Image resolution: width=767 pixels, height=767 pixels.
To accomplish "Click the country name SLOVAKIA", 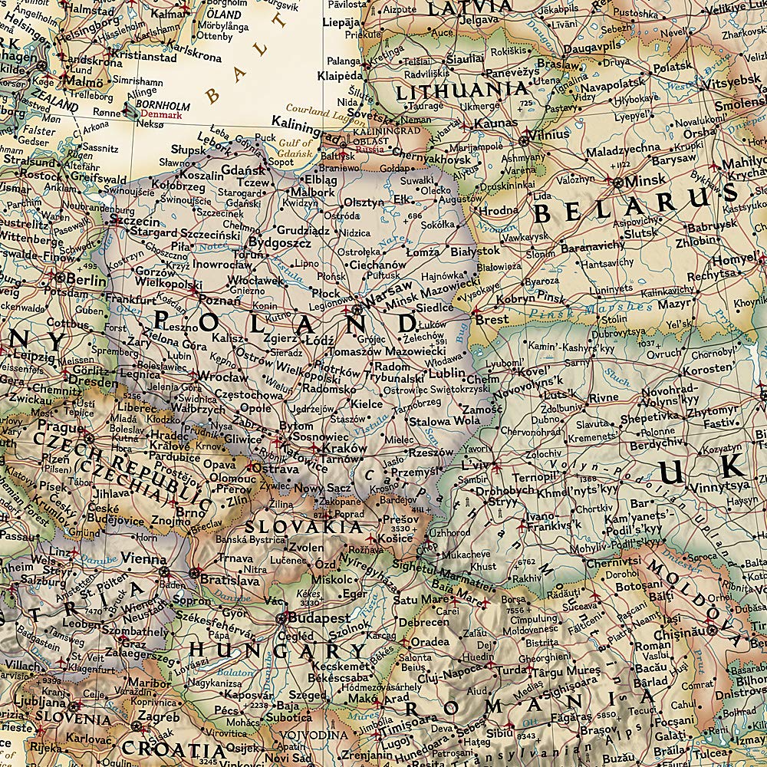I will pyautogui.click(x=303, y=527).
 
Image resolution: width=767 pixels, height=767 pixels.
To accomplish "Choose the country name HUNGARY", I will pyautogui.click(x=278, y=651).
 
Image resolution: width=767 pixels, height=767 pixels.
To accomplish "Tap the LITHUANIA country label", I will pyautogui.click(x=462, y=90).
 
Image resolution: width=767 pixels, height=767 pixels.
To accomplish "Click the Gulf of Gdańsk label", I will pyautogui.click(x=296, y=148).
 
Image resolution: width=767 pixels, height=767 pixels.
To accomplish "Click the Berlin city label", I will pyautogui.click(x=86, y=281).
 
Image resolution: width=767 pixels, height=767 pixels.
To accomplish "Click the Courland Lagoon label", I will pyautogui.click(x=317, y=110).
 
